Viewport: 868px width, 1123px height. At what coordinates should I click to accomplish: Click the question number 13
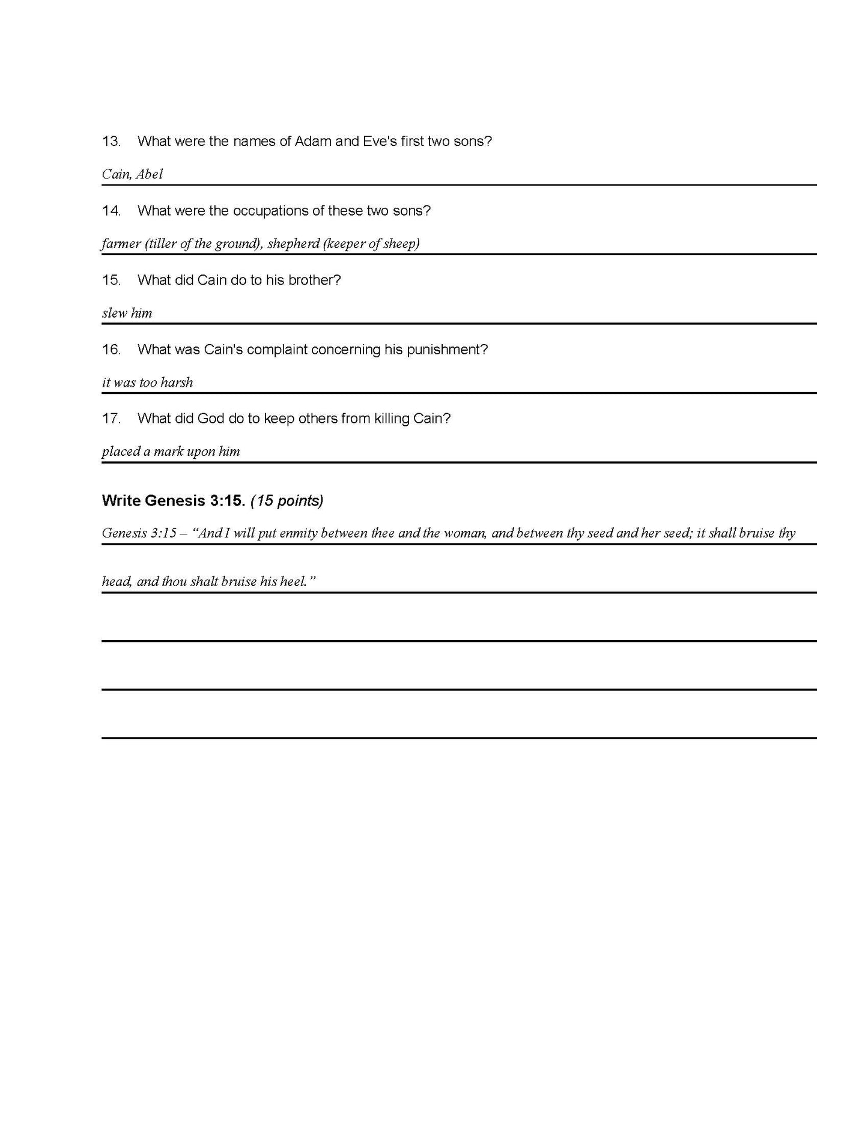(x=111, y=142)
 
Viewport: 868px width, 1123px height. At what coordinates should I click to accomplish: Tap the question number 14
(x=111, y=211)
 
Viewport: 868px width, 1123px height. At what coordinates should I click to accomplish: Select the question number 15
(x=111, y=280)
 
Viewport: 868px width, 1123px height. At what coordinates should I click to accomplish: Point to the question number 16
(x=111, y=350)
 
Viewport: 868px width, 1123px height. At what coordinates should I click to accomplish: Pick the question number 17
(x=111, y=419)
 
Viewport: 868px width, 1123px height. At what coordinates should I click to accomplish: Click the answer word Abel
(x=149, y=174)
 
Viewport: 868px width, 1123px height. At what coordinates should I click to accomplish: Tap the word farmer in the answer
(x=121, y=244)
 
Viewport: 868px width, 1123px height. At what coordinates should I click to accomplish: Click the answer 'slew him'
(x=127, y=313)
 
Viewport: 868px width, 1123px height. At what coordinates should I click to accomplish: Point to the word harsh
(x=177, y=383)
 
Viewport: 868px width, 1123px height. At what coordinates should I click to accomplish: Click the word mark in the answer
(x=168, y=452)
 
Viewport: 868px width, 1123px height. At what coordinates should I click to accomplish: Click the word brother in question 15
(x=314, y=280)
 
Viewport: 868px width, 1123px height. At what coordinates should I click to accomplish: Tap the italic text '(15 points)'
(x=287, y=501)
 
